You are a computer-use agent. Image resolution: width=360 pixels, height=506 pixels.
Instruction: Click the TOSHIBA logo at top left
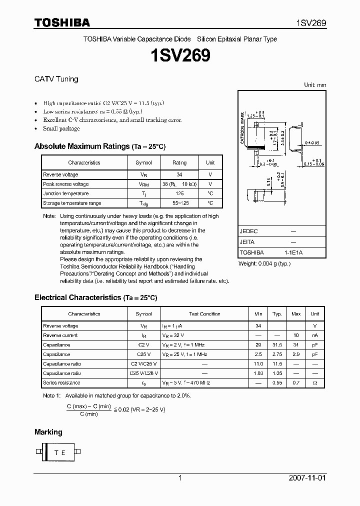coord(62,23)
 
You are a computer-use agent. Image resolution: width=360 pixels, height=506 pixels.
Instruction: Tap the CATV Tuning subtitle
coord(56,79)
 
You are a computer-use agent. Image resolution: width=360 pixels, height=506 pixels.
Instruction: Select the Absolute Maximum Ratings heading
coord(81,146)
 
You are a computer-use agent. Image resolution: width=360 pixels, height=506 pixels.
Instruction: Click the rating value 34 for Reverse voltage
coord(179,174)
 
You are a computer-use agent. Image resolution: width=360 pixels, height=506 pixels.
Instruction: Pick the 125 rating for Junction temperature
coord(179,193)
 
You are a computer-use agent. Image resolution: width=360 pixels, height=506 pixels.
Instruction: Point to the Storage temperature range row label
coord(72,203)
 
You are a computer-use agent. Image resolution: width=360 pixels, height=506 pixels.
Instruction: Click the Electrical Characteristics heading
coord(77,297)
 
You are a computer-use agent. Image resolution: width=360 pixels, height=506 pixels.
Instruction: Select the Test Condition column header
coord(204,314)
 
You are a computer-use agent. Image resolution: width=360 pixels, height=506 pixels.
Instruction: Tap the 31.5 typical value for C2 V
coord(277,345)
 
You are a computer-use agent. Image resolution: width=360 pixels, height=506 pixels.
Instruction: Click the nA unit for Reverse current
coord(314,335)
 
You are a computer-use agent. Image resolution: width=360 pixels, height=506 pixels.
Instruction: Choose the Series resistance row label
coord(61,382)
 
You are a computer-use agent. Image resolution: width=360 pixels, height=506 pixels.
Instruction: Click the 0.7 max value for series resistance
coord(296,382)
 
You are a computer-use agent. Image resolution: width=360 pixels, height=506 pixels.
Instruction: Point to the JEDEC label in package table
coord(248,231)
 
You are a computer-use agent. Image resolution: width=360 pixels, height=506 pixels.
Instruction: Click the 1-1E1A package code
coord(293,252)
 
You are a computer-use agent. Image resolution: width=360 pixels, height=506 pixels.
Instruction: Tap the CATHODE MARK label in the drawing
coord(242,128)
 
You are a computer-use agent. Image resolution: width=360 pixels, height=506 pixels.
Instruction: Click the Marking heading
coord(48,432)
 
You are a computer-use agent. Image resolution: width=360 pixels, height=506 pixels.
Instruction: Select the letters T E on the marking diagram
coord(59,452)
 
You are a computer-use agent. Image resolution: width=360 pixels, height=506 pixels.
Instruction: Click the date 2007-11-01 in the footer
coord(307,478)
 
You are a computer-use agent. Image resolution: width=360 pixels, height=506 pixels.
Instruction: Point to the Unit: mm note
coord(315,85)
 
